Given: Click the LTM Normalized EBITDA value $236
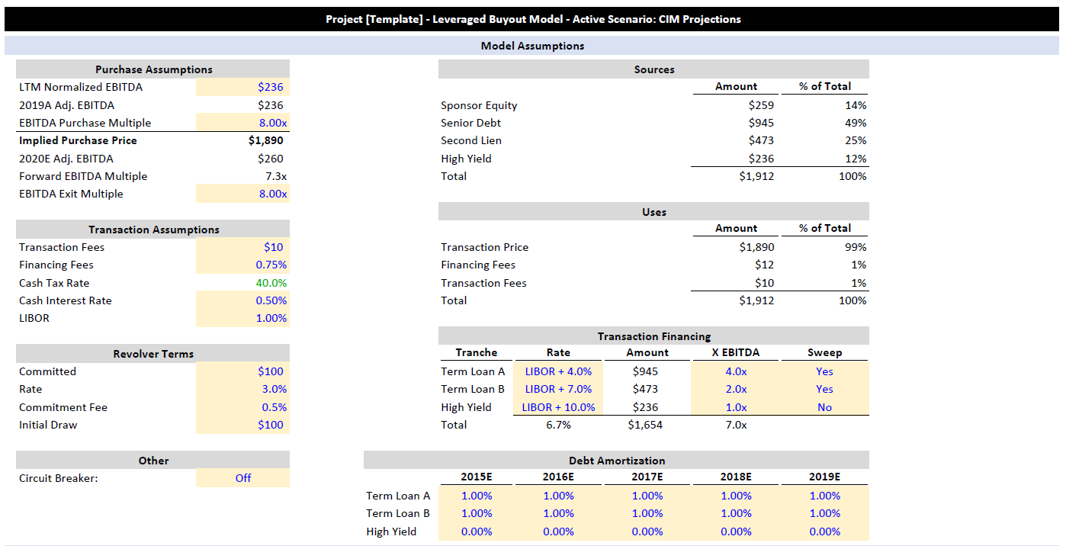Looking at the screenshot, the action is click(270, 87).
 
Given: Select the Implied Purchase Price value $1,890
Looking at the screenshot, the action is click(265, 140).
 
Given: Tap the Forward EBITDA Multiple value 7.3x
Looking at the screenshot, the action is click(276, 176).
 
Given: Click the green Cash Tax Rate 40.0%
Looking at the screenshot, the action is click(271, 283).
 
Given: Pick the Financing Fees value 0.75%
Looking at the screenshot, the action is click(271, 265).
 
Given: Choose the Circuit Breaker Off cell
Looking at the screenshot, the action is click(243, 478).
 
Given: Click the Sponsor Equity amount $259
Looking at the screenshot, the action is click(761, 105).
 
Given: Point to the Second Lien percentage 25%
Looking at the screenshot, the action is click(856, 140).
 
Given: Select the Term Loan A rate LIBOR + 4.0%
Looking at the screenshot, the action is click(558, 371).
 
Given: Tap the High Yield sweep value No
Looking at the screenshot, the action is click(825, 407).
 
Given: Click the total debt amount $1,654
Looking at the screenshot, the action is click(645, 425).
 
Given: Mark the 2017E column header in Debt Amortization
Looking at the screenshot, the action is click(647, 477).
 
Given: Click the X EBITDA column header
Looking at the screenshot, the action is click(736, 352).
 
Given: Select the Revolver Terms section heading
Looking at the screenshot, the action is click(153, 354).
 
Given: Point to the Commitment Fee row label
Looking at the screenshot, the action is click(63, 407).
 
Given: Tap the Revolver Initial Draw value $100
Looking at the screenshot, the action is click(270, 425).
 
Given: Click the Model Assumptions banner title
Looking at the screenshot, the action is click(532, 46).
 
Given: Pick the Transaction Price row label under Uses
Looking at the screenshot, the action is click(484, 247).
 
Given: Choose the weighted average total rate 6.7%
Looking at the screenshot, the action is click(558, 425).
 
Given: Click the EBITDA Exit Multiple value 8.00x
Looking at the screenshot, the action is click(273, 194).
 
